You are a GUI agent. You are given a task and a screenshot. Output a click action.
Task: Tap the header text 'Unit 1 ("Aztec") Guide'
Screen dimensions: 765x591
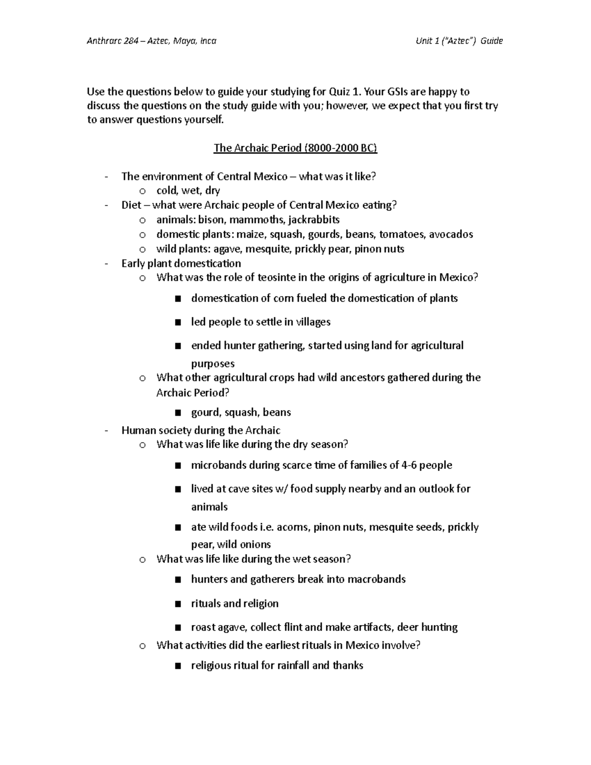pyautogui.click(x=459, y=41)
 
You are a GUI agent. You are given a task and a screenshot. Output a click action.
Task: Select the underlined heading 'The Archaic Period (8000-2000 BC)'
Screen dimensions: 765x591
pyautogui.click(x=295, y=148)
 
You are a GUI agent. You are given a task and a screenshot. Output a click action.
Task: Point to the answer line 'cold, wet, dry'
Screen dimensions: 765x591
pyautogui.click(x=188, y=191)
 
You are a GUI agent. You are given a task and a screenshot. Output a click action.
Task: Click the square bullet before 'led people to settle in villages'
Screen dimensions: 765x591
pyautogui.click(x=178, y=322)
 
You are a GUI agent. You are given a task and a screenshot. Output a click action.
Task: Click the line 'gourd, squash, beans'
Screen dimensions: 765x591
pyautogui.click(x=241, y=412)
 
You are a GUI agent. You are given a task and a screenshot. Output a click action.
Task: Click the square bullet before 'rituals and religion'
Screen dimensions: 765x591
pyautogui.click(x=178, y=604)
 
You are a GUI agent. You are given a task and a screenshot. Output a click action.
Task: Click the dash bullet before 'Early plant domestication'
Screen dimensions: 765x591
pyautogui.click(x=106, y=264)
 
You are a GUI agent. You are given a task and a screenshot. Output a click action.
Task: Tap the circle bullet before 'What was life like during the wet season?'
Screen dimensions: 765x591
pyautogui.click(x=142, y=560)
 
